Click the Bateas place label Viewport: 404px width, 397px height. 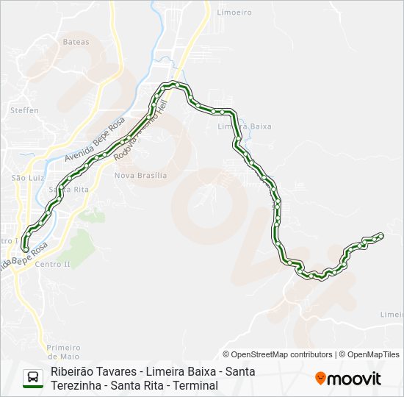tap(76, 42)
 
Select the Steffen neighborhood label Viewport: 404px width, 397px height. tap(24, 110)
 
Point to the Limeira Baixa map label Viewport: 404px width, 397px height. tap(245, 126)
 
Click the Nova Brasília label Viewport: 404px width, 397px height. tap(141, 176)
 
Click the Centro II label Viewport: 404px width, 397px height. tap(51, 264)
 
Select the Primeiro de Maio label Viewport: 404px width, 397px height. tap(62, 351)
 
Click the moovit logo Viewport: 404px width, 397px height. tap(348, 379)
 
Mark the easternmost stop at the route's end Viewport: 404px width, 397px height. tap(380, 235)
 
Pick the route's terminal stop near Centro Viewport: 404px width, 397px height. tap(26, 249)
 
